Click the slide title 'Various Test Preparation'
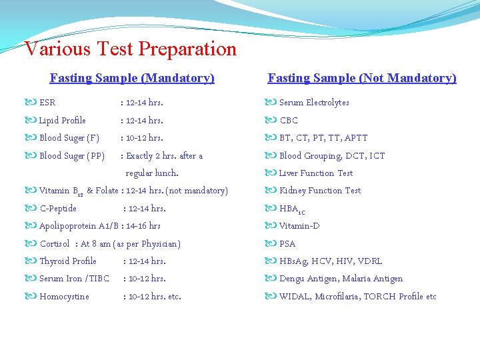pyautogui.click(x=130, y=49)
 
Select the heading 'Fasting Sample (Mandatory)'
pyautogui.click(x=132, y=78)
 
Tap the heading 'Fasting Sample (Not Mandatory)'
pyautogui.click(x=362, y=78)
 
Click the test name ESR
pyautogui.click(x=47, y=103)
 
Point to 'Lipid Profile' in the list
pyautogui.click(x=62, y=121)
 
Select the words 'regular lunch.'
pyautogui.click(x=152, y=173)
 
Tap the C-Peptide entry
pyautogui.click(x=58, y=209)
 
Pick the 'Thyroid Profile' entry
pyautogui.click(x=67, y=261)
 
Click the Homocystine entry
pyautogui.click(x=64, y=297)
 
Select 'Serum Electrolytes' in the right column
pyautogui.click(x=313, y=103)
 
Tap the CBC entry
pyautogui.click(x=289, y=121)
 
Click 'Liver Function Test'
pyautogui.click(x=315, y=173)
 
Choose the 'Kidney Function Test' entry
pyautogui.click(x=319, y=191)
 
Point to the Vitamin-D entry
pyautogui.click(x=299, y=226)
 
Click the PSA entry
pyautogui.click(x=287, y=244)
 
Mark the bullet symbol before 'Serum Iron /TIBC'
pyautogui.click(x=31, y=279)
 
